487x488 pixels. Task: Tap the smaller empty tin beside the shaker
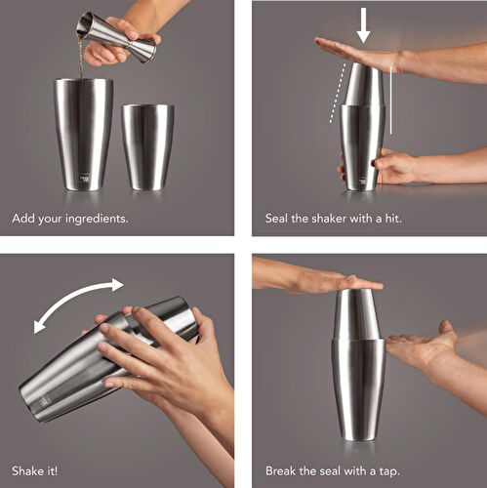pos(147,145)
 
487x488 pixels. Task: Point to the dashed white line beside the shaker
pos(337,107)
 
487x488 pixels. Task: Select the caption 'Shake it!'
pos(36,470)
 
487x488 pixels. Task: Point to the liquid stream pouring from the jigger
pos(81,61)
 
